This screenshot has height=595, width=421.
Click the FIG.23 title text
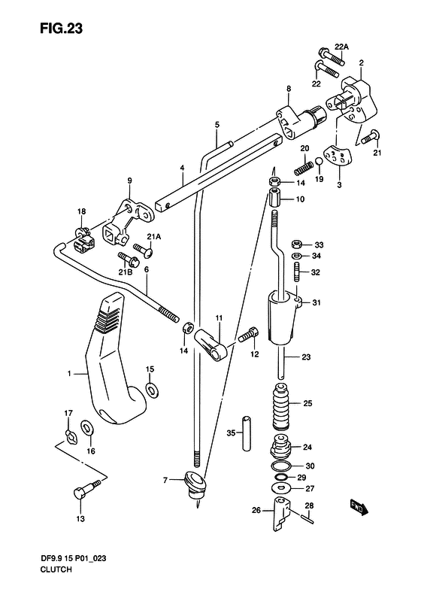click(61, 29)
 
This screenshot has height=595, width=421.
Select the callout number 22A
click(341, 47)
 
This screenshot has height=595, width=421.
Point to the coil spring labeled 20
click(304, 166)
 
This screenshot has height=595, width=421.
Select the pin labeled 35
click(247, 434)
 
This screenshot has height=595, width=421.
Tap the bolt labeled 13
click(87, 489)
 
